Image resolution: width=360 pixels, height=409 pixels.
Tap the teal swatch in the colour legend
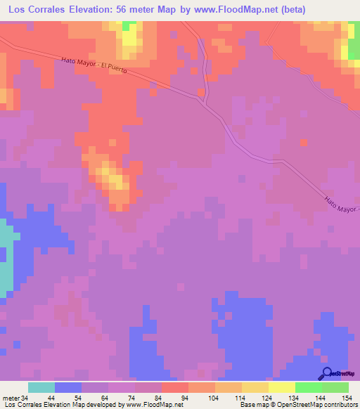(41, 387)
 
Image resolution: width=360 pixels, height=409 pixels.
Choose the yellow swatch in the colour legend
(282, 387)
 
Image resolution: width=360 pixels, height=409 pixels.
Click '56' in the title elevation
(143, 9)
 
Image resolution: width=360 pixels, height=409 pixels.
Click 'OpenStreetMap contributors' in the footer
(321, 404)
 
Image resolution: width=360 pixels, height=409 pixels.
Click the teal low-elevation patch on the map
(6, 257)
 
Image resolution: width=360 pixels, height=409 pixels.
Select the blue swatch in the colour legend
(68, 387)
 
